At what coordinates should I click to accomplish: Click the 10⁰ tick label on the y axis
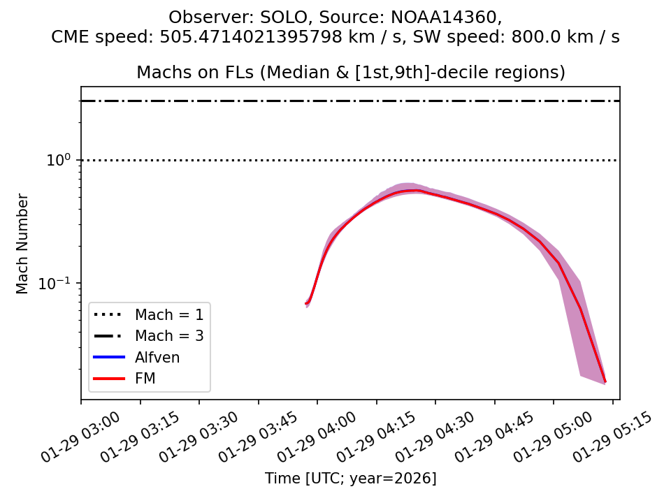58,160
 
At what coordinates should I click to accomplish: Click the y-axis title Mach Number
23,244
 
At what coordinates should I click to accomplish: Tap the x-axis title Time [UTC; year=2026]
350,479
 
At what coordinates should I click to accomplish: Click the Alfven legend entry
157,358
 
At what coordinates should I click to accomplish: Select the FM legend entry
145,379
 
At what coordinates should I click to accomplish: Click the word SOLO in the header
262,17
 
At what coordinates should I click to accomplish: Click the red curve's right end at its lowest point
605,381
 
